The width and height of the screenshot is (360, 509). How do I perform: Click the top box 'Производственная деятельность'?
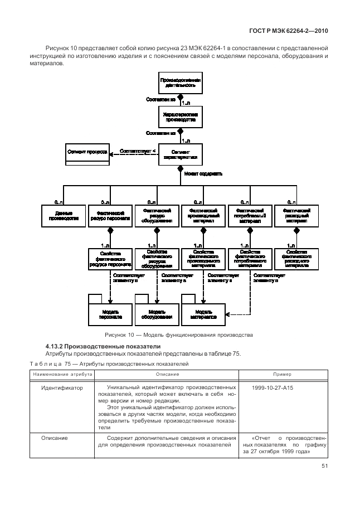click(x=179, y=84)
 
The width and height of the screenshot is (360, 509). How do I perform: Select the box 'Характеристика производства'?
click(x=179, y=117)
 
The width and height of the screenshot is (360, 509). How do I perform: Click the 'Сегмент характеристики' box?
click(x=179, y=153)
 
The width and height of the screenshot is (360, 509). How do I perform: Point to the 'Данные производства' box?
click(x=63, y=216)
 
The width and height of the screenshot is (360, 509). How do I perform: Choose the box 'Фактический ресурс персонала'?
click(x=110, y=216)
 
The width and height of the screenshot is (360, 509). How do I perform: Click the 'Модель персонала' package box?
click(x=110, y=313)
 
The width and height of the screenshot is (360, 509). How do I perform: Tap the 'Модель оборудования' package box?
click(x=156, y=313)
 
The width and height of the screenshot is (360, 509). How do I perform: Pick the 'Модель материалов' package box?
click(x=203, y=313)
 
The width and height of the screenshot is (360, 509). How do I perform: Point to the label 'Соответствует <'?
click(x=134, y=151)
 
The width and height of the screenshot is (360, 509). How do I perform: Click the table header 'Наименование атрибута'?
click(x=57, y=374)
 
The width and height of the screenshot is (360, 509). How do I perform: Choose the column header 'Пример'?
click(x=281, y=374)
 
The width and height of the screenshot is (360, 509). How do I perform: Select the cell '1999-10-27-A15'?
click(x=271, y=386)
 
